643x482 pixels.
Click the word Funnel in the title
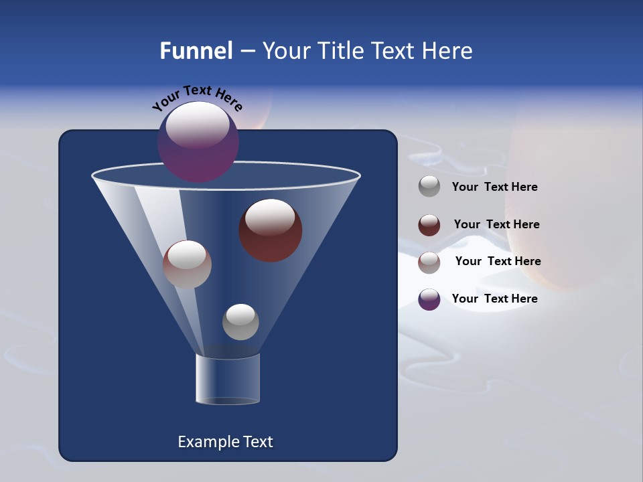click(196, 50)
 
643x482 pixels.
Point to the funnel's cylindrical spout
click(228, 379)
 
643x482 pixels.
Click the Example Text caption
click(225, 442)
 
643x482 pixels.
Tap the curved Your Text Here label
click(198, 98)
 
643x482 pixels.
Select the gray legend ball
click(429, 186)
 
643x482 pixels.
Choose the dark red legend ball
click(429, 225)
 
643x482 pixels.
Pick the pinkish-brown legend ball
click(429, 262)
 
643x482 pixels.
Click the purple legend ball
click(429, 299)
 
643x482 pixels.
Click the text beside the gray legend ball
click(494, 187)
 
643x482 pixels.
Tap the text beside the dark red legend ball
click(496, 224)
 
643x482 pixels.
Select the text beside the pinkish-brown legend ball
click(498, 261)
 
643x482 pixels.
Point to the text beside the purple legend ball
click(494, 299)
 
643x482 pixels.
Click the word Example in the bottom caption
click(205, 442)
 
